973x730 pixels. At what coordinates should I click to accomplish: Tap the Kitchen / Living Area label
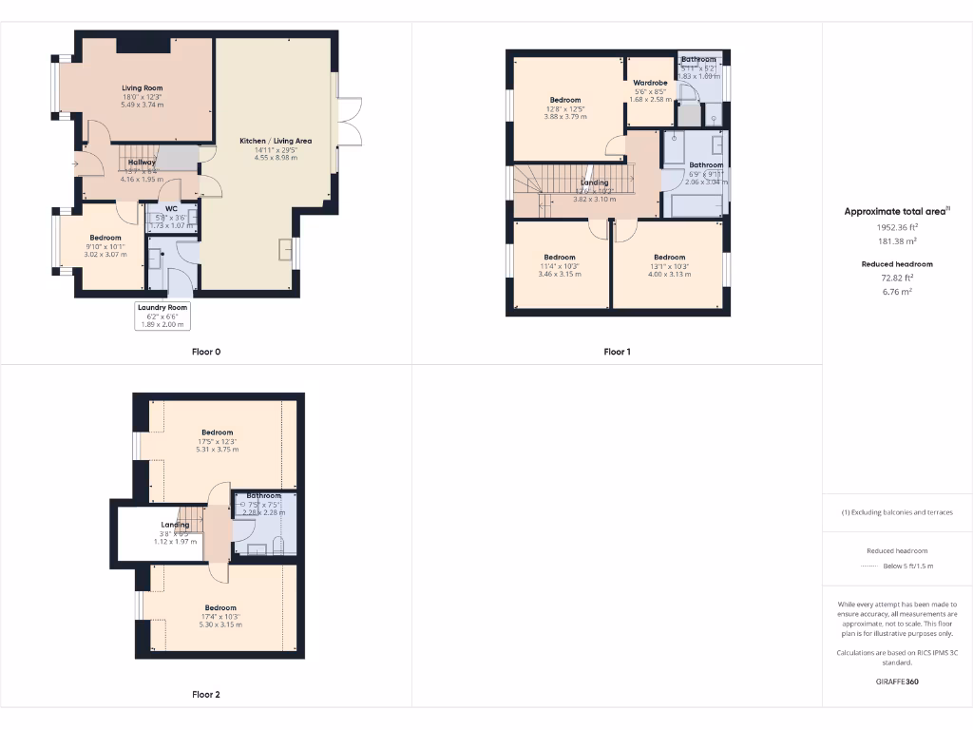coord(276,141)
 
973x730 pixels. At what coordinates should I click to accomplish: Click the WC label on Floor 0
coord(171,208)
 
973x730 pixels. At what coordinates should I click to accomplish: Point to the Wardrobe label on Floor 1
coord(650,83)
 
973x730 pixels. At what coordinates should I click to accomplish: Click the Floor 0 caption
coord(205,352)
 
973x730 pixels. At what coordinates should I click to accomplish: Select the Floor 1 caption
coord(617,352)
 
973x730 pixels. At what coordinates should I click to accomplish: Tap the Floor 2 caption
coord(205,695)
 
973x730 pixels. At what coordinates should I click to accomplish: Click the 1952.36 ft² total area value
coord(897,228)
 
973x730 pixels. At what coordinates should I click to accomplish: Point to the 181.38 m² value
coord(897,242)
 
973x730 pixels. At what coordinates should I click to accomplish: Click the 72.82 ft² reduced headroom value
coord(897,279)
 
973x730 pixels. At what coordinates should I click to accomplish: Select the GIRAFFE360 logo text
coord(897,682)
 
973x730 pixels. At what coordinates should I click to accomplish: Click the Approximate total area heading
coord(897,212)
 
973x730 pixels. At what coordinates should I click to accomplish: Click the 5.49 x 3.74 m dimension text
coord(142,105)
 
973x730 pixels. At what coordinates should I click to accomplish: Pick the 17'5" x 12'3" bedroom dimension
coord(217,441)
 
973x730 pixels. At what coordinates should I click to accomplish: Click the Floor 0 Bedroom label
coord(105,238)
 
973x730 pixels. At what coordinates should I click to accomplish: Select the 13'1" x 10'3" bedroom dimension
coord(669,265)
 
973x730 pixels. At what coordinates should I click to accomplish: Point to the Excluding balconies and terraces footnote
coord(897,512)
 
